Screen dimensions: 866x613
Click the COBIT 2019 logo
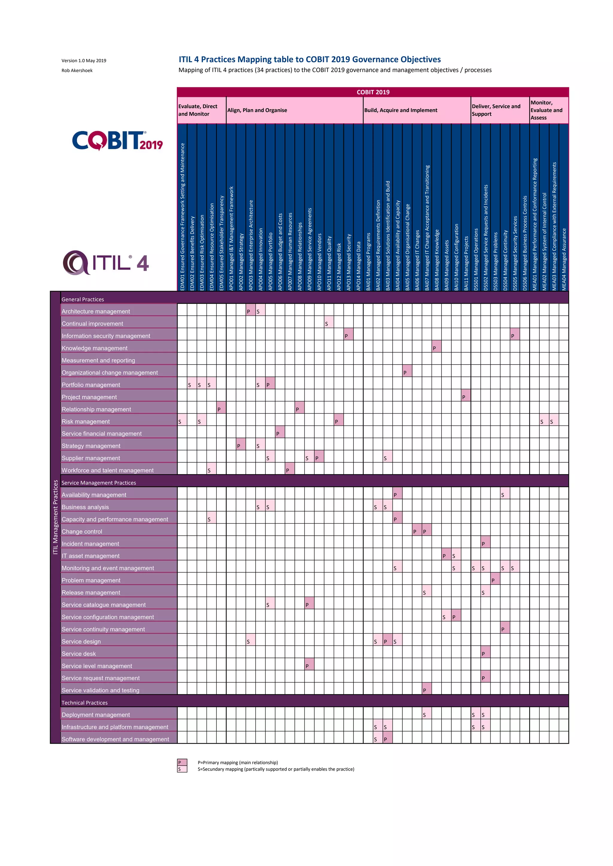[x=117, y=141]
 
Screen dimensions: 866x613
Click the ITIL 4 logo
[x=106, y=263]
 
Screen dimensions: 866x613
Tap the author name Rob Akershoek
[x=77, y=71]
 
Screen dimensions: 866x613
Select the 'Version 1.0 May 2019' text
[x=84, y=61]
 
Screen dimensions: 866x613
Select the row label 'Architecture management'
[x=96, y=312]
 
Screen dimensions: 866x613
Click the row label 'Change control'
[x=82, y=531]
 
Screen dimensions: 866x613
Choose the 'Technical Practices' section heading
[x=84, y=703]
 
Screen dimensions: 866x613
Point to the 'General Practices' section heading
[x=83, y=299]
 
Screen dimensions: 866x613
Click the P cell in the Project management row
[x=465, y=396]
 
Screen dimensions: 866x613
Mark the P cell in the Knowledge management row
[x=436, y=347]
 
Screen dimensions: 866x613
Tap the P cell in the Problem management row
[x=495, y=579]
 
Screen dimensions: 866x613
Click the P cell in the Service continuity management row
[x=505, y=628]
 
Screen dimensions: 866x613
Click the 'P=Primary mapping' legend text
[x=237, y=763]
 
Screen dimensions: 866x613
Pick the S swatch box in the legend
[x=182, y=769]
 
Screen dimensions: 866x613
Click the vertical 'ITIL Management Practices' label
[x=55, y=517]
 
